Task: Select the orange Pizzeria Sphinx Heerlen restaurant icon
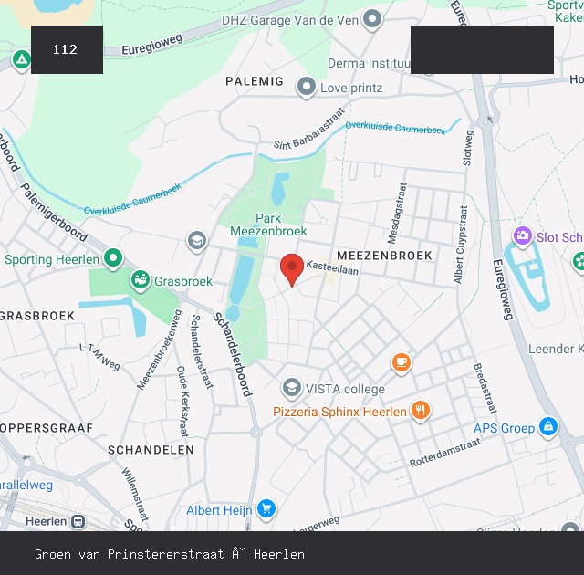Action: (x=420, y=411)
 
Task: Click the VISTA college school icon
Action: (x=291, y=389)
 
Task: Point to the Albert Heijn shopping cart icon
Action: (x=266, y=509)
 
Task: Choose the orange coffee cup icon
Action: (x=401, y=362)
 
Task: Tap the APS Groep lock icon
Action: (x=547, y=426)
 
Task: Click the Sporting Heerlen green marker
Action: (x=113, y=258)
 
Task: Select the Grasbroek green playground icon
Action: (x=140, y=280)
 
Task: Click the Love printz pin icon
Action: (x=307, y=87)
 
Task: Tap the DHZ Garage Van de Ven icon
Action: (x=371, y=18)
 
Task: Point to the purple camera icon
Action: (x=522, y=236)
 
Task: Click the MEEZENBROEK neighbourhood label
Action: (x=384, y=255)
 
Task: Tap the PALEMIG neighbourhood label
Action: (x=255, y=81)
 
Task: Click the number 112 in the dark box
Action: (x=66, y=49)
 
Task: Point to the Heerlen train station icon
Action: (x=79, y=522)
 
